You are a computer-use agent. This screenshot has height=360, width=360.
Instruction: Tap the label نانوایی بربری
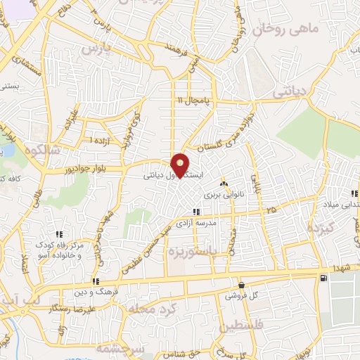coord(223,192)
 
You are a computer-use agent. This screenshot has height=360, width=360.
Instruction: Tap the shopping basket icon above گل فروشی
coord(242,285)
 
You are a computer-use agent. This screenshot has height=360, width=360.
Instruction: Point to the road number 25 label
coord(272,210)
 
